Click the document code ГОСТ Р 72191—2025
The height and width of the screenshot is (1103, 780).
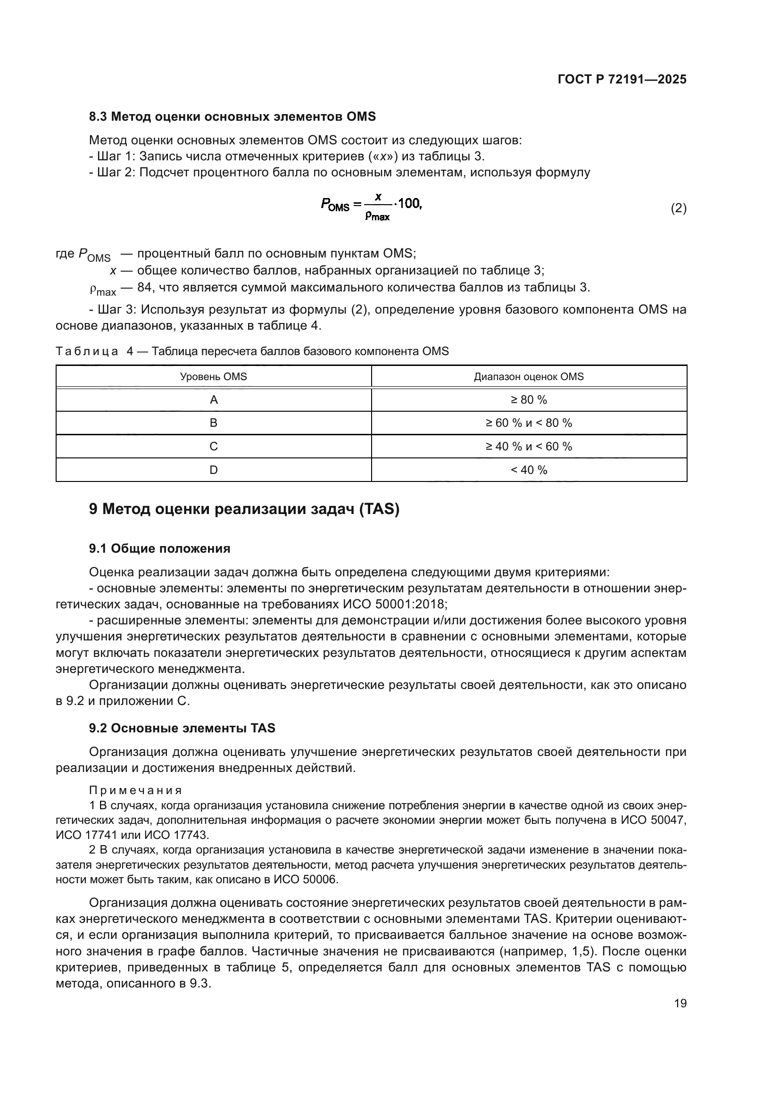[x=622, y=80]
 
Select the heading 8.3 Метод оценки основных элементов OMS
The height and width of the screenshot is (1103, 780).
[x=232, y=117]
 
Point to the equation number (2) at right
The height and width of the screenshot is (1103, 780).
[x=678, y=208]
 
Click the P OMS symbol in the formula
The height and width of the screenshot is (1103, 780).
[x=335, y=205]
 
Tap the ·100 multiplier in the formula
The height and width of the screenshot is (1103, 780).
[x=408, y=204]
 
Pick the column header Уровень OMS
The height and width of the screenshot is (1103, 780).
[x=213, y=377]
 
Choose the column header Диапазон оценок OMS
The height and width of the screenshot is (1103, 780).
[x=529, y=377]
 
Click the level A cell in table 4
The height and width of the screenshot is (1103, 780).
[x=214, y=400]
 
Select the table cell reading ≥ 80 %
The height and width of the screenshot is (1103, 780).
[x=529, y=400]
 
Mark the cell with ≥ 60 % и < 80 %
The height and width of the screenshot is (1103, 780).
[x=529, y=423]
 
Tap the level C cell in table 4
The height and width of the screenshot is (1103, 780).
[x=214, y=447]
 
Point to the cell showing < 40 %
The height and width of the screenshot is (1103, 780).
[x=529, y=470]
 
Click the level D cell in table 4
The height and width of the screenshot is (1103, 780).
[x=214, y=470]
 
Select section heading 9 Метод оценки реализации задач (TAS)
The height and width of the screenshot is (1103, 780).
[x=244, y=509]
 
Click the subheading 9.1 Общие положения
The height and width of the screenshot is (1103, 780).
[x=159, y=548]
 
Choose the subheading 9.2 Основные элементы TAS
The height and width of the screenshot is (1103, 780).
[x=182, y=728]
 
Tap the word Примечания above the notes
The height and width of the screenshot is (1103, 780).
[x=135, y=791]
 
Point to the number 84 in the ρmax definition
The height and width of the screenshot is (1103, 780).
[x=144, y=288]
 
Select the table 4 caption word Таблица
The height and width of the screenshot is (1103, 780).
[x=87, y=351]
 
